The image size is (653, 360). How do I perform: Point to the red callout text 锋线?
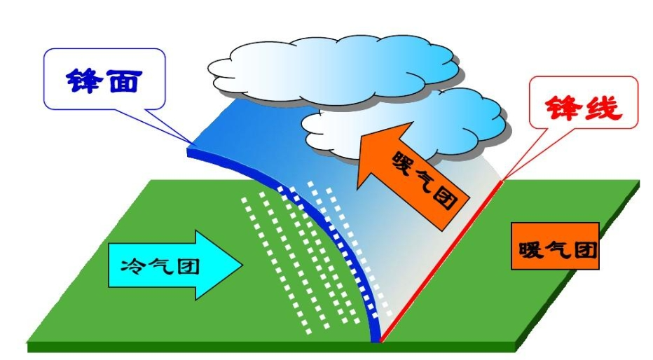(584, 111)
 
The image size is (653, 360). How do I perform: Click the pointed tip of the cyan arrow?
(242, 265)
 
